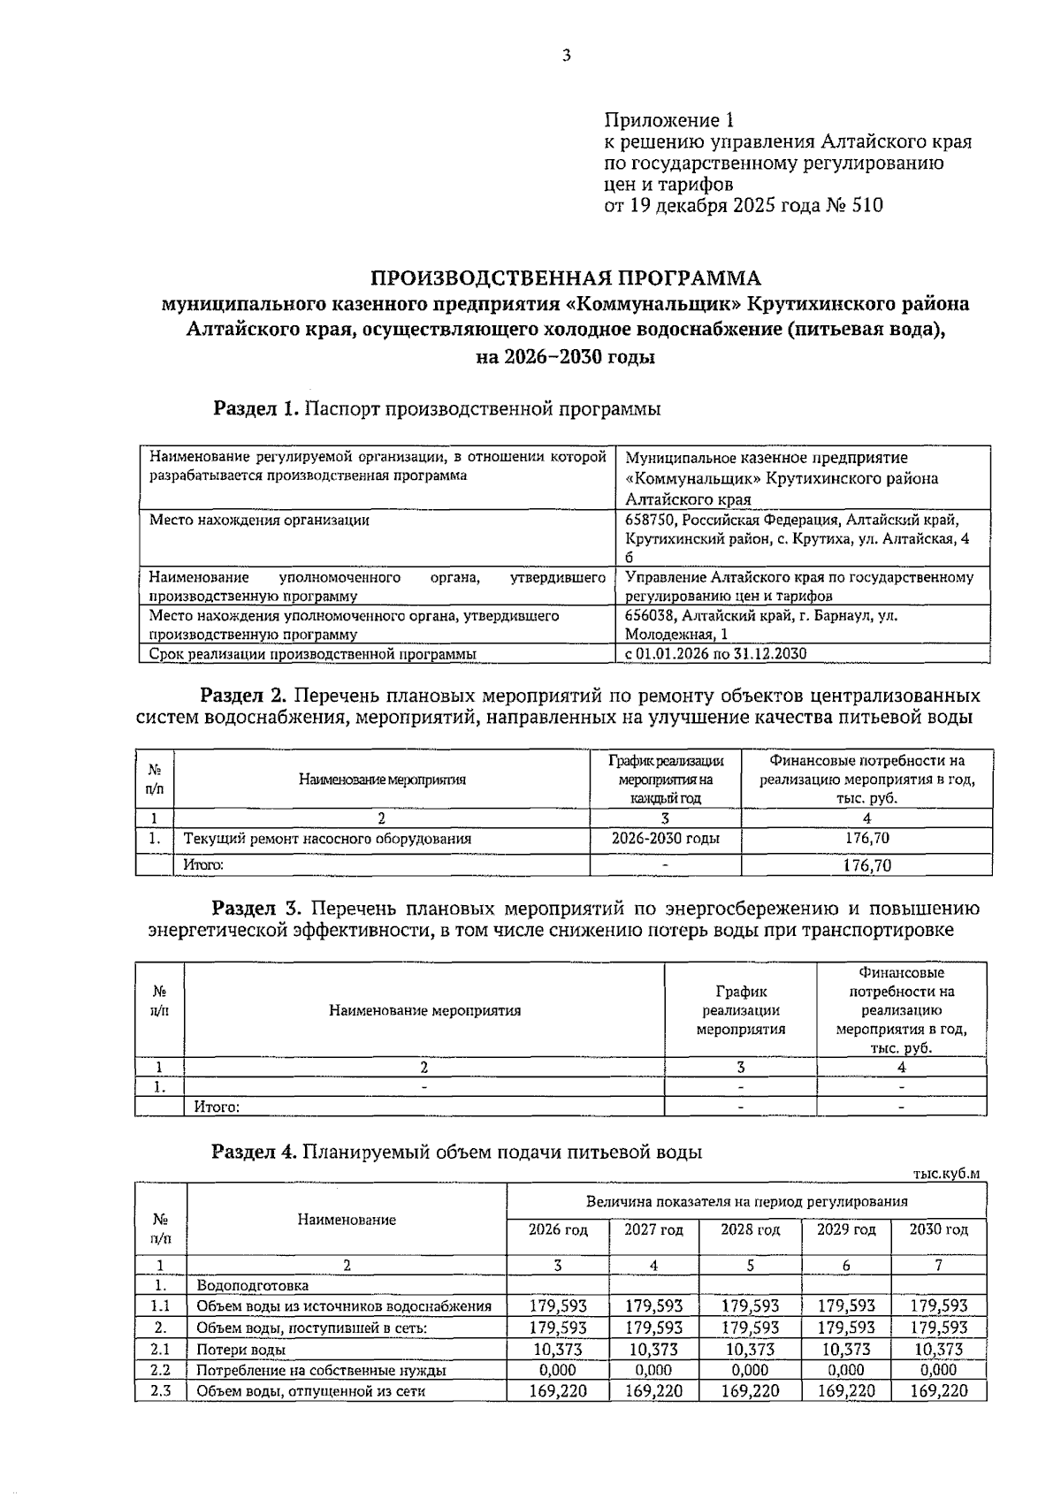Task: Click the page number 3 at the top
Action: click(x=567, y=56)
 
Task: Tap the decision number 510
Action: click(x=866, y=206)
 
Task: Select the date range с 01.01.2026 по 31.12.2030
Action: click(x=716, y=654)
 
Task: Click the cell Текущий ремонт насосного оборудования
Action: click(x=327, y=839)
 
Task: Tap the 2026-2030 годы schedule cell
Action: click(x=665, y=838)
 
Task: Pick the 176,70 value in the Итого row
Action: click(x=866, y=865)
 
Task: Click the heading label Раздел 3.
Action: click(x=257, y=909)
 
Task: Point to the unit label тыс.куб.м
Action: click(x=946, y=1173)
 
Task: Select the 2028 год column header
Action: click(x=750, y=1229)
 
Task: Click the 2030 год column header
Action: click(x=938, y=1229)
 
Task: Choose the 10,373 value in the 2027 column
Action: click(x=653, y=1350)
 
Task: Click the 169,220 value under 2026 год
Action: click(x=557, y=1391)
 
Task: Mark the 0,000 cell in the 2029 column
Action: click(x=845, y=1370)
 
